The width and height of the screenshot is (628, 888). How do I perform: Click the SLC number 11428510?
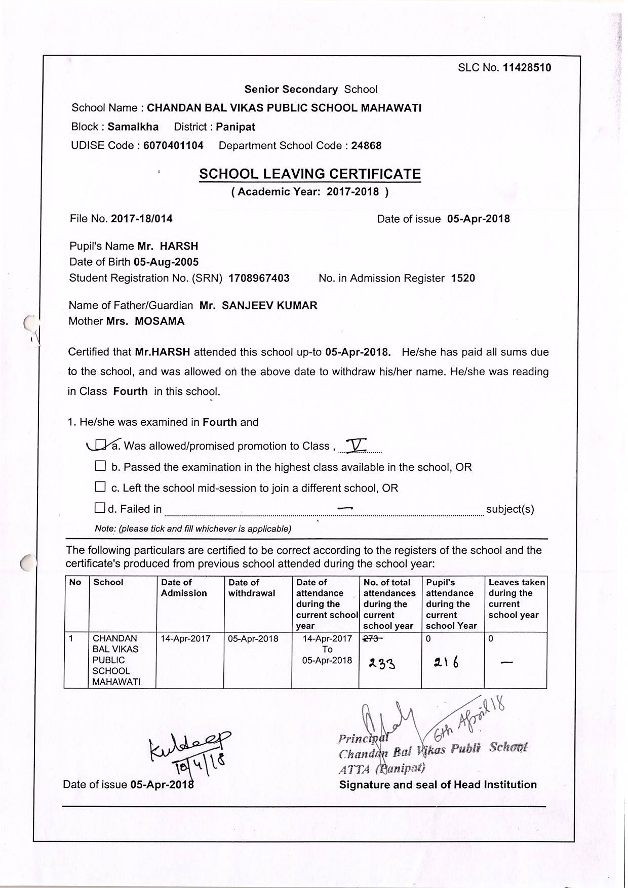[527, 68]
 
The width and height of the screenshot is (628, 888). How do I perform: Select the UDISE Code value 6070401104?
[173, 146]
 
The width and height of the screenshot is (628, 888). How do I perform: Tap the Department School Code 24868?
[366, 146]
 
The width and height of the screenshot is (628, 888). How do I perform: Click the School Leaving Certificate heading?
[310, 174]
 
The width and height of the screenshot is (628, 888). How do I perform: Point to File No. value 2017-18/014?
[142, 219]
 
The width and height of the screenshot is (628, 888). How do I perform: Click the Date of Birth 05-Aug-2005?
[166, 262]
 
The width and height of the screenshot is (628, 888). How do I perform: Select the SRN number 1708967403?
[259, 278]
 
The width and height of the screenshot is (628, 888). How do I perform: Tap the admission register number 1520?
[463, 278]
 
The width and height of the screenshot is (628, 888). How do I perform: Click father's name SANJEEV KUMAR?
[269, 305]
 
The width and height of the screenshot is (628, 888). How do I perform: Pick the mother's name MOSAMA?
[160, 321]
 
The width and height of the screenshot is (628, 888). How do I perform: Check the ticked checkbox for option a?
[101, 445]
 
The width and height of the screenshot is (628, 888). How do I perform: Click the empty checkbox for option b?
[100, 466]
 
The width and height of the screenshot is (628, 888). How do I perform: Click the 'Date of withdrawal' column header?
[252, 588]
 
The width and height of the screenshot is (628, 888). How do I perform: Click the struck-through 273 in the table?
[371, 639]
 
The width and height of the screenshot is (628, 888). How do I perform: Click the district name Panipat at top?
[235, 127]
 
